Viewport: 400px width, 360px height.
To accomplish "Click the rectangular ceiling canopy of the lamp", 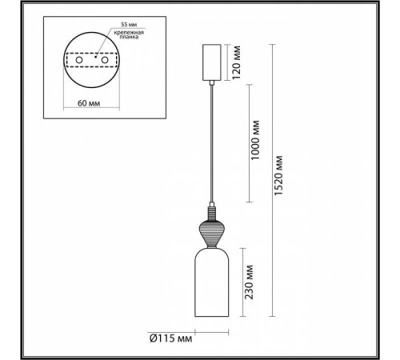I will point(212,62).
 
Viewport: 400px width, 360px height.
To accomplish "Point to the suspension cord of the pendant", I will point(212,144).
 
